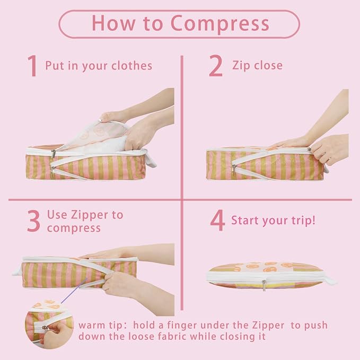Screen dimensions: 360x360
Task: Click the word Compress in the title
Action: click(220, 24)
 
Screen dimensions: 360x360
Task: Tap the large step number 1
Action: click(32, 66)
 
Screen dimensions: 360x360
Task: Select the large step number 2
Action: click(216, 66)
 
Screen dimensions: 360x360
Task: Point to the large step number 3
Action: click(33, 221)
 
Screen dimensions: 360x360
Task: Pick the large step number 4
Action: click(217, 220)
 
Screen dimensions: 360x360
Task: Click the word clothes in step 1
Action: click(132, 66)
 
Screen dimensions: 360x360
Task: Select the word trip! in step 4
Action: click(303, 221)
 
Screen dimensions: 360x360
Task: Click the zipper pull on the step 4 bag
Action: click(264, 285)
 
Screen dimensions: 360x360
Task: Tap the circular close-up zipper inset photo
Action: click(49, 324)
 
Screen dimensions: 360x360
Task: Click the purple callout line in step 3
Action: click(74, 290)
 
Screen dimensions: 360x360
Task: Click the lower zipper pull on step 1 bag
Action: click(53, 171)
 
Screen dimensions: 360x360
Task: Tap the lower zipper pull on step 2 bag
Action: click(234, 170)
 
